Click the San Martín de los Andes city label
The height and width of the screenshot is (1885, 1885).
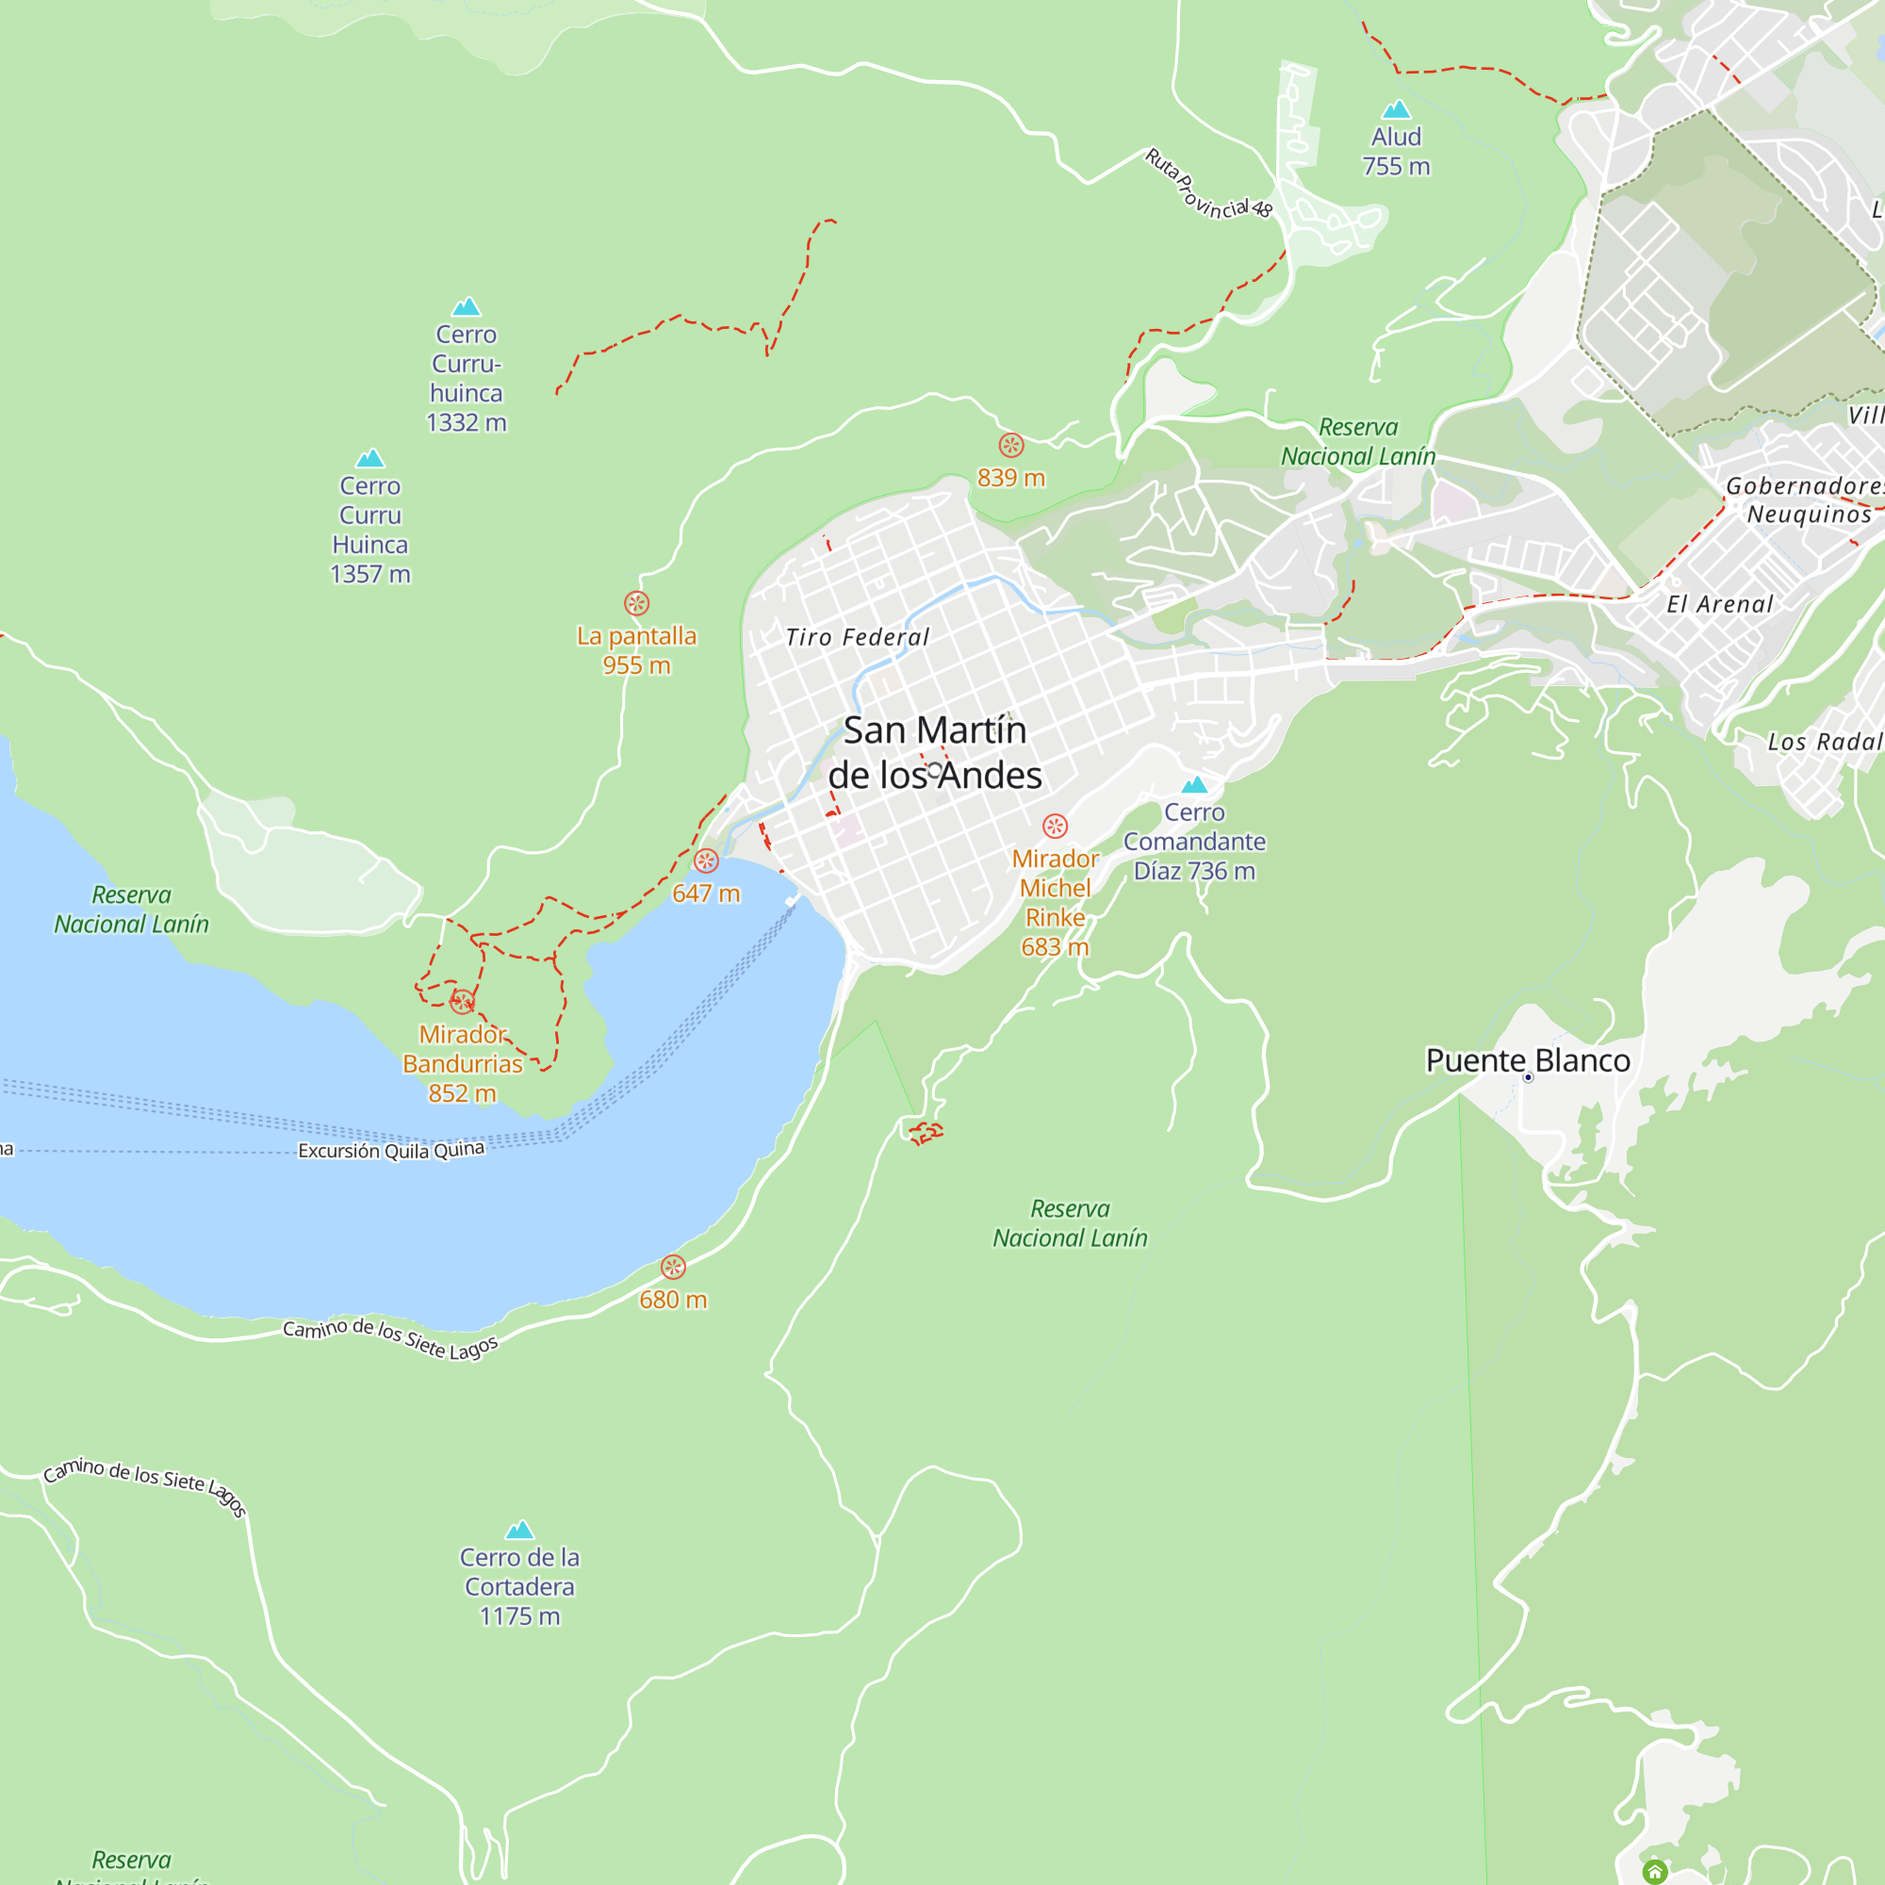click(935, 752)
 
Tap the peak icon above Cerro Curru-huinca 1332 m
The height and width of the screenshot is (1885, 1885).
click(467, 307)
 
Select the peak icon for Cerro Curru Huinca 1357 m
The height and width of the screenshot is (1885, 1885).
click(369, 459)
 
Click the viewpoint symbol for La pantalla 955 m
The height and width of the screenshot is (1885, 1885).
click(636, 603)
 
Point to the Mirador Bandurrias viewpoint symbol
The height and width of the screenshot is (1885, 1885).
click(463, 1001)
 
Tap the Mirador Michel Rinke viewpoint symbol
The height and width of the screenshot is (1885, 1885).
click(1055, 827)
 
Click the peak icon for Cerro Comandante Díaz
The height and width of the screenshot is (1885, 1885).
click(1194, 784)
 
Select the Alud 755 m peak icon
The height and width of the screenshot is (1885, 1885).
click(1396, 109)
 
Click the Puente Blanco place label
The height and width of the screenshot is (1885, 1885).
click(1527, 1060)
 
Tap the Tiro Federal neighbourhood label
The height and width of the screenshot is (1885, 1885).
click(858, 638)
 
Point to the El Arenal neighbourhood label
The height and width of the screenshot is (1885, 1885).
click(1719, 605)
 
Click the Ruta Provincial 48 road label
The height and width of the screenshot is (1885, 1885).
click(1208, 185)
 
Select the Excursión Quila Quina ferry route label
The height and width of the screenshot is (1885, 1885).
click(391, 1150)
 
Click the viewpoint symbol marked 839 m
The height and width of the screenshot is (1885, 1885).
click(1010, 446)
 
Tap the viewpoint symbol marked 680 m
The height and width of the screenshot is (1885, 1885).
click(673, 1268)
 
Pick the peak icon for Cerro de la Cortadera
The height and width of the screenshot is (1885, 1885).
click(519, 1530)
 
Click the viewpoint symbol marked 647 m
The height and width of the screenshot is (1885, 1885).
click(706, 861)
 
